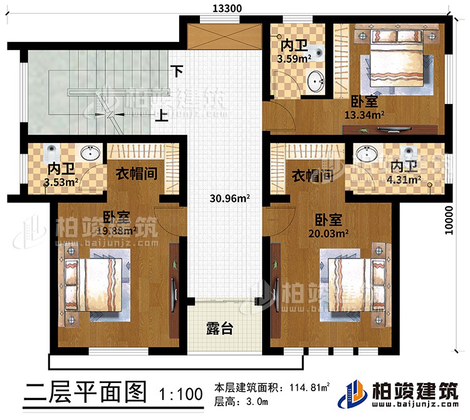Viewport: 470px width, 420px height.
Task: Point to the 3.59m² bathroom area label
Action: (x=294, y=60)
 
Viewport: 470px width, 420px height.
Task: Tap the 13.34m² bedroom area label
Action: (x=364, y=115)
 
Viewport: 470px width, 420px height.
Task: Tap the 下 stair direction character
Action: (x=179, y=71)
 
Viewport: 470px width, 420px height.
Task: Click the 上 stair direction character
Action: (x=162, y=115)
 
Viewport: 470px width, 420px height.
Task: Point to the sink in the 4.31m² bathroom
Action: (x=365, y=154)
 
